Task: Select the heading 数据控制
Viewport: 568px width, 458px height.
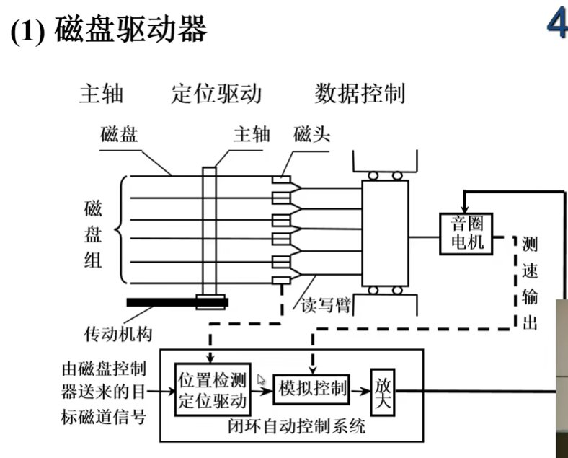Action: [x=360, y=94]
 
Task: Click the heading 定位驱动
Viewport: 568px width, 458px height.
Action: [x=216, y=94]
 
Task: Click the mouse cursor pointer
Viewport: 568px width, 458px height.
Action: [x=262, y=379]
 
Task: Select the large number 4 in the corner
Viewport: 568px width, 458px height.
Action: [x=556, y=24]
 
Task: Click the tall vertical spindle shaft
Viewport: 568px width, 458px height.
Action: [x=210, y=231]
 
